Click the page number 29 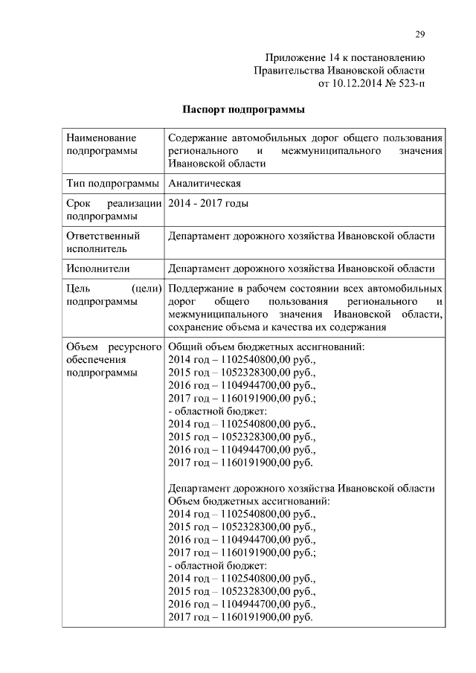pos(419,34)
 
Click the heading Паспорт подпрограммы pos(244,110)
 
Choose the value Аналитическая pos(205,184)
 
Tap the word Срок pos(78,203)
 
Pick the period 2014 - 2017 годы pos(208,203)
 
